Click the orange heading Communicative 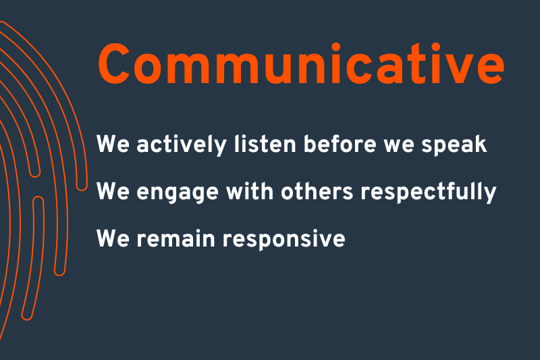click(301, 63)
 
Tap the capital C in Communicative click(114, 64)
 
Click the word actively click(182, 145)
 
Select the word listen click(265, 144)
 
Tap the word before click(340, 144)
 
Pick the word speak click(454, 145)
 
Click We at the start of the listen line click(113, 144)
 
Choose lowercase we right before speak click(398, 147)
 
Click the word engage click(178, 192)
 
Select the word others click(317, 191)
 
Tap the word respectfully click(429, 192)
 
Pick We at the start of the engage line click(113, 191)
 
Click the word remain click(176, 238)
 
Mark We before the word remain click(113, 238)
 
